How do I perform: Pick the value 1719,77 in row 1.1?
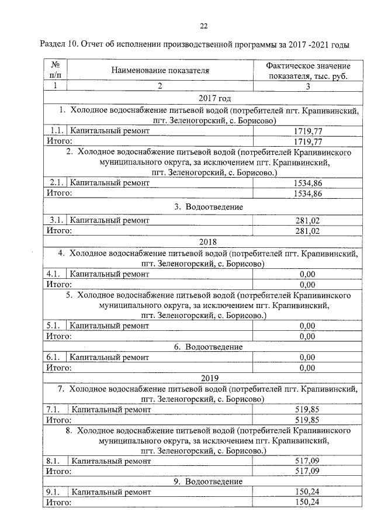[x=307, y=132]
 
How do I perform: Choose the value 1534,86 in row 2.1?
[x=307, y=183]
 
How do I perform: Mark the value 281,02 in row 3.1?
[x=307, y=220]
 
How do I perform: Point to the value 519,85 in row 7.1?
[x=307, y=410]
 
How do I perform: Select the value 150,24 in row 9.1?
[x=307, y=492]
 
